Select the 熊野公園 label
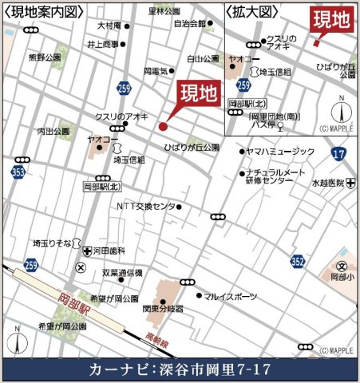tap(44, 57)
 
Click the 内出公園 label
tap(53, 131)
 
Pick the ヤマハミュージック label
tap(282, 151)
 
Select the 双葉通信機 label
tap(121, 273)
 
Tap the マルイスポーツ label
tap(231, 296)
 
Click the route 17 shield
tap(338, 152)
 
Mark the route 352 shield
tap(298, 261)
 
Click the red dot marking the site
tap(163, 125)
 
